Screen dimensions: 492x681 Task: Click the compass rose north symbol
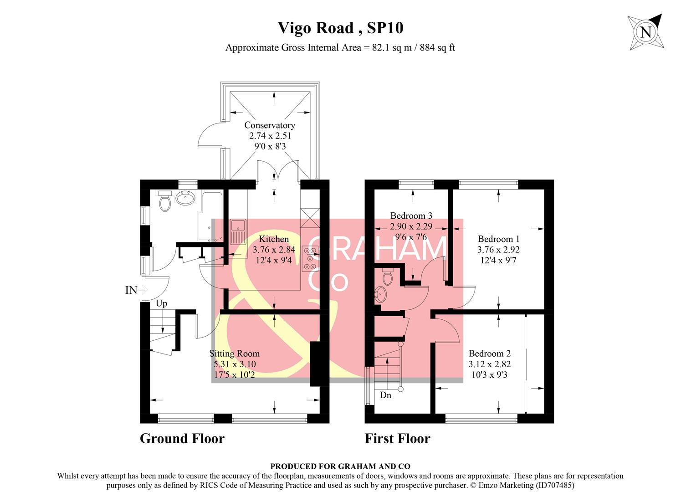pos(645,32)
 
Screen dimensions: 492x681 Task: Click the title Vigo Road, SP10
pos(340,28)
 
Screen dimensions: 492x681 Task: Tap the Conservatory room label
pos(270,125)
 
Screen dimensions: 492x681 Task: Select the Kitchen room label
pos(274,239)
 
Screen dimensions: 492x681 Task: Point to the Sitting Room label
pos(235,354)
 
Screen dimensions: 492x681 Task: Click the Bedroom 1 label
pos(498,239)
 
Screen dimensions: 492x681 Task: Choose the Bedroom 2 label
pos(490,354)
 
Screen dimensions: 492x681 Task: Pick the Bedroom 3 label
pos(411,215)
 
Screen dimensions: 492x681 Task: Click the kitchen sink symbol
pos(238,231)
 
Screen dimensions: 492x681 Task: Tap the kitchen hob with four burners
pos(312,258)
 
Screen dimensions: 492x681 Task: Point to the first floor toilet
pos(388,277)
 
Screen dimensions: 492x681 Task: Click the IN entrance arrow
pos(143,290)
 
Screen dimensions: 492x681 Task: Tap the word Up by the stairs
pos(161,303)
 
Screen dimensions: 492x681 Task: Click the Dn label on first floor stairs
pos(385,395)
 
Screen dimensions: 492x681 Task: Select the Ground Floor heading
pos(182,438)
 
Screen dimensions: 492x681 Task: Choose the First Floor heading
pos(397,438)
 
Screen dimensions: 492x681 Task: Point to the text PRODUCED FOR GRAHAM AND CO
pos(340,466)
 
